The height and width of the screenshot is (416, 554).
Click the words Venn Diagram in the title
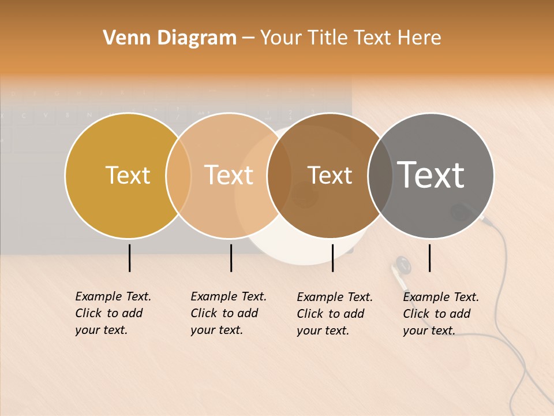click(x=170, y=38)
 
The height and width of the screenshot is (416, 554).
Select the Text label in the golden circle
click(x=128, y=175)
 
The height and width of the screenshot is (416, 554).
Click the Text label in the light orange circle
click(x=229, y=175)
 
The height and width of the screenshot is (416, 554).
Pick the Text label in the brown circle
click(x=330, y=175)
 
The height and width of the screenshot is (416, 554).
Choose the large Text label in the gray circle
click(x=431, y=175)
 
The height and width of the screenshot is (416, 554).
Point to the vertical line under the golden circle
click(x=130, y=258)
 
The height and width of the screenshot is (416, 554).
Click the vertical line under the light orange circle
click(x=231, y=258)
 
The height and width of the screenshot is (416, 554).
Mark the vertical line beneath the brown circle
click(x=332, y=258)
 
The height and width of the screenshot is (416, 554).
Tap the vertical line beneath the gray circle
click(x=429, y=258)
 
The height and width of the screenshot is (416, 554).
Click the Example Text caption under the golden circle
click(x=113, y=313)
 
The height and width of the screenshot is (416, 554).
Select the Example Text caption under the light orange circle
click(x=229, y=313)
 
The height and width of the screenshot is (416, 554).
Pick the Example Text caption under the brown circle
click(x=335, y=314)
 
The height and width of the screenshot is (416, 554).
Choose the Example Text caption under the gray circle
click(x=441, y=314)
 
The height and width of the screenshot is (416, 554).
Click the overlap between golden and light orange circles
click(x=178, y=176)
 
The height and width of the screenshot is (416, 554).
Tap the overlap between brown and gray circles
click(x=380, y=176)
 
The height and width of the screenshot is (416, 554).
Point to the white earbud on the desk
click(x=400, y=272)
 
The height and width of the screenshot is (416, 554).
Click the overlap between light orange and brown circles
click(x=279, y=176)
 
